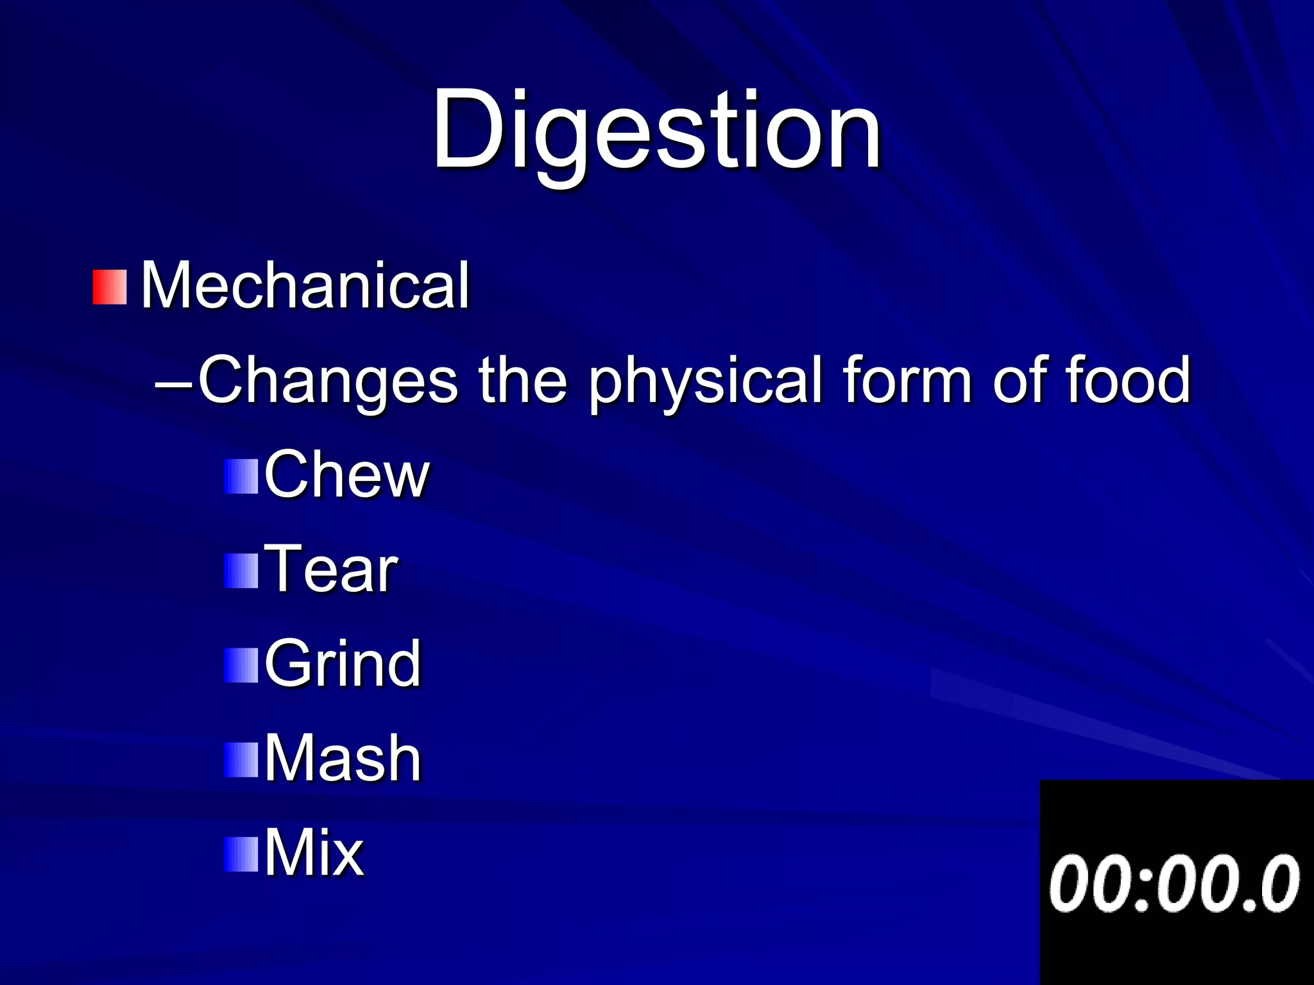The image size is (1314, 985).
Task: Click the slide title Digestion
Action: [x=656, y=131]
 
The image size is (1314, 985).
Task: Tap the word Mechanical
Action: [x=305, y=286]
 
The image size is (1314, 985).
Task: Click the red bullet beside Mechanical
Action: [x=110, y=287]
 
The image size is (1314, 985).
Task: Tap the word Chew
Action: [x=346, y=475]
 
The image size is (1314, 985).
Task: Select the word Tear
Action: [x=331, y=569]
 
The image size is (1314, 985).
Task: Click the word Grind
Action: [x=343, y=664]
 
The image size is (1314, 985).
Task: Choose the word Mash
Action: [x=343, y=759]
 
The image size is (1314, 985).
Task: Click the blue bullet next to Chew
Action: [x=241, y=476]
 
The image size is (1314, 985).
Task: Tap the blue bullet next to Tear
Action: [x=241, y=571]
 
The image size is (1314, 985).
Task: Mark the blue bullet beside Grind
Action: [x=241, y=666]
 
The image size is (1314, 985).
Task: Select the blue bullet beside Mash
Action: [x=241, y=760]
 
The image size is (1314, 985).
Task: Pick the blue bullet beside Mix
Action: [x=241, y=855]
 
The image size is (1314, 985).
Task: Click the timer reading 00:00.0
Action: [x=1174, y=884]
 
